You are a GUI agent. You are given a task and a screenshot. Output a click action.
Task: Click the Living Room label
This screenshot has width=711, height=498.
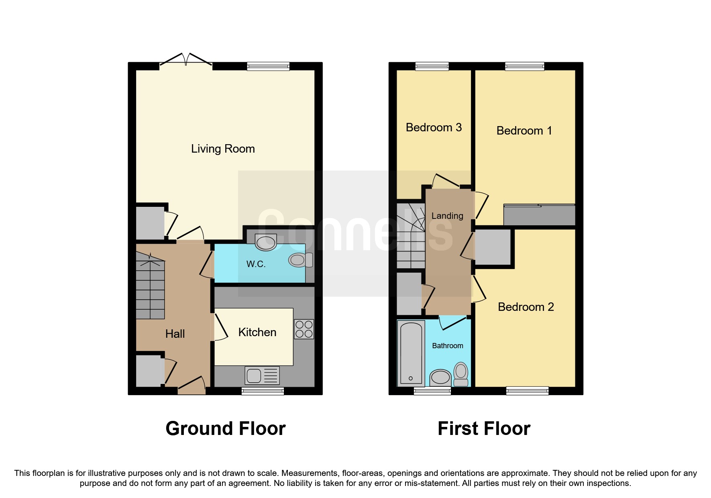coord(223,149)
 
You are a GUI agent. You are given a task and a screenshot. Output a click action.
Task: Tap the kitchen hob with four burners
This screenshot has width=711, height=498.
coord(304,329)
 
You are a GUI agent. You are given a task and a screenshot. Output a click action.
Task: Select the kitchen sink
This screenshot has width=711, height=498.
coord(262,376)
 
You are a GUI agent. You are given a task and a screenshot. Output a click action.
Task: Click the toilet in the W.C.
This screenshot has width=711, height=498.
coord(300,260)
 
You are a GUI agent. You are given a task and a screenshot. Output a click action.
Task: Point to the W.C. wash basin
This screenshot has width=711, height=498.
coord(266,242)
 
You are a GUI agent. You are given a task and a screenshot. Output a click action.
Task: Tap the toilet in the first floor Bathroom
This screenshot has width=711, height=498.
coord(461,373)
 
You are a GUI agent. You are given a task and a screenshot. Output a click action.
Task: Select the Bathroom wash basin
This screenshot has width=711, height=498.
coord(440,377)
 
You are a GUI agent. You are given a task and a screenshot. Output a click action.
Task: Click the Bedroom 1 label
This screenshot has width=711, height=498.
coord(524,131)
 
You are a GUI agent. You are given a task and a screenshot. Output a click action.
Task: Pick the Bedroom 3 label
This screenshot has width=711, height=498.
coord(434,128)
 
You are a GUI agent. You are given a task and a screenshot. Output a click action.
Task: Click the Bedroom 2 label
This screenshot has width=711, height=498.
coord(526,307)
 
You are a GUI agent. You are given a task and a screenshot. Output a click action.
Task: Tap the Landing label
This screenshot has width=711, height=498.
coord(447,216)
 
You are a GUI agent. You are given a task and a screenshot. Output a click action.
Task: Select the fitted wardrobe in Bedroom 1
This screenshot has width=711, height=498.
coord(539,215)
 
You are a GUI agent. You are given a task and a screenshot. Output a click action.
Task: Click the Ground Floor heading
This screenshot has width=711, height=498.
coord(225,429)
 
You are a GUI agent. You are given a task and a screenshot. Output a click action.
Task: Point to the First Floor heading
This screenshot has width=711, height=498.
coord(484,429)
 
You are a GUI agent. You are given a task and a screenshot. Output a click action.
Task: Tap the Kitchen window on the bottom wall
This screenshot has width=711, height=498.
coord(263,391)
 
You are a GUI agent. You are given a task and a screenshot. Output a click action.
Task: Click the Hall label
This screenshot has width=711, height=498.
coord(175,334)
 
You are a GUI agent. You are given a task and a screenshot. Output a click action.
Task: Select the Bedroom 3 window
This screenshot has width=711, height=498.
coord(432,66)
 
